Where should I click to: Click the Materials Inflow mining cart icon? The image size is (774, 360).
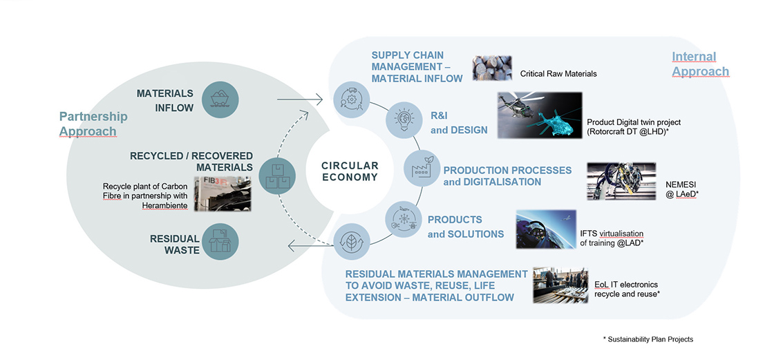pos(221,100)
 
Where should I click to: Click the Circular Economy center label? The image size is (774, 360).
pos(350,171)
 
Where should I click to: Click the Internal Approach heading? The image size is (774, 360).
pos(700,64)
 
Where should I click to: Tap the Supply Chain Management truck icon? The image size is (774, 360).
pos(349,99)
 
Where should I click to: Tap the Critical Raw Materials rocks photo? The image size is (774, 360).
pos(491,69)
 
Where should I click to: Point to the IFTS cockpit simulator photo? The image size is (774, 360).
pos(546,229)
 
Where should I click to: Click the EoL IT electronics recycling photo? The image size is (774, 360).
pos(560,285)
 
